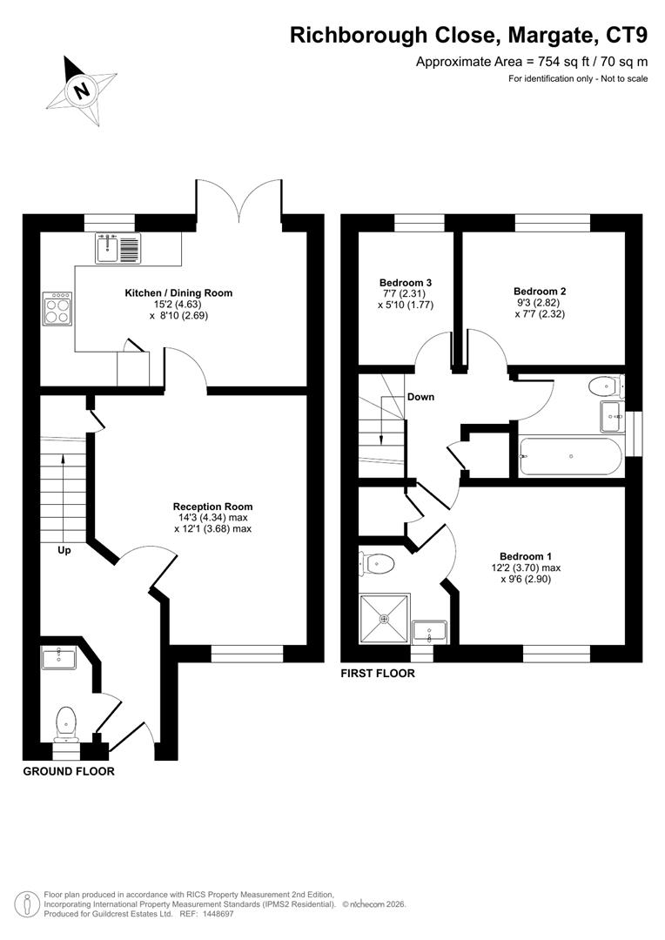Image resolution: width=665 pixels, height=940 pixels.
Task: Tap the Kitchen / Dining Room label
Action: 178,293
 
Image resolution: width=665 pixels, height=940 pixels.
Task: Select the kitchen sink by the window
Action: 118,249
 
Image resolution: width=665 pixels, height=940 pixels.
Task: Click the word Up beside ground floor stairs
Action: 64,551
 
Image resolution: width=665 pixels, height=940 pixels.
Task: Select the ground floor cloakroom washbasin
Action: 58,658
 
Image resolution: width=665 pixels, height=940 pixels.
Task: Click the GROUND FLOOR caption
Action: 68,771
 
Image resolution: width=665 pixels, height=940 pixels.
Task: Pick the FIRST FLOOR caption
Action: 378,674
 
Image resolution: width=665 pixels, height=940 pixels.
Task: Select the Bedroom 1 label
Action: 525,556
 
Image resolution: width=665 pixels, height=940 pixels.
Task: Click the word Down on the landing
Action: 420,397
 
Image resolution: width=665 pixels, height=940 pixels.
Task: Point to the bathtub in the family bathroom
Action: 569,455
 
